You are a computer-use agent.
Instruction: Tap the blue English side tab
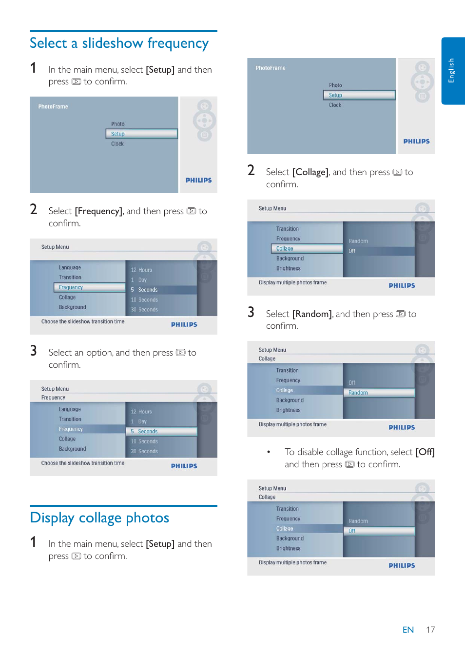tap(452, 71)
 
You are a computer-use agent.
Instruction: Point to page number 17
tap(430, 630)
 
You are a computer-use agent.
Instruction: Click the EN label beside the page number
tap(408, 630)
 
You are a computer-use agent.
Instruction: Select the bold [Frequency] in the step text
tap(98, 211)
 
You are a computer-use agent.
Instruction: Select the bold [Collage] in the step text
tap(310, 172)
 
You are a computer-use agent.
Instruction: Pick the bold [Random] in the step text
tap(312, 314)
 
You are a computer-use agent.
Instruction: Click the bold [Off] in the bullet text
tap(425, 452)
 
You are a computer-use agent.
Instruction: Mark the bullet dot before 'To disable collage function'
tap(269, 452)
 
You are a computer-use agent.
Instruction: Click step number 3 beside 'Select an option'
tap(33, 351)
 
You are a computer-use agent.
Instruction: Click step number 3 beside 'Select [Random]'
tap(251, 312)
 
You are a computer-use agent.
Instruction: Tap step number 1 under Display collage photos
tap(33, 542)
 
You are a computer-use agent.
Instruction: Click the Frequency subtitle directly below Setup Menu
tap(53, 398)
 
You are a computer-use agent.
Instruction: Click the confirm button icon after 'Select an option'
tap(180, 353)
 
